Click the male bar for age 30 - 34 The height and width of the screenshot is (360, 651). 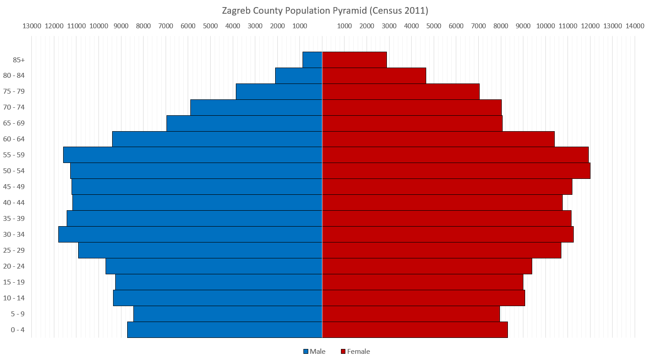coord(190,235)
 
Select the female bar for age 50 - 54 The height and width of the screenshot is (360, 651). coord(456,171)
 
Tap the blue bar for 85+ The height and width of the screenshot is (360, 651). coord(312,60)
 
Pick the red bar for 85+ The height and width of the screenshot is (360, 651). coord(354,60)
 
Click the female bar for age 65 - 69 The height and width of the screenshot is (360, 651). coord(412,123)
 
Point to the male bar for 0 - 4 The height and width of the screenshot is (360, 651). coord(224,330)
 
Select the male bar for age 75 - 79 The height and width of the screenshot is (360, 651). coord(279,91)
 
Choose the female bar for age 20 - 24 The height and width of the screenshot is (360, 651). coord(427,266)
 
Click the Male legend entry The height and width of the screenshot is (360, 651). coord(314,352)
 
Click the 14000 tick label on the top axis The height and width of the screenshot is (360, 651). coord(635,26)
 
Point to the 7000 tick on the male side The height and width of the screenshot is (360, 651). coord(166,26)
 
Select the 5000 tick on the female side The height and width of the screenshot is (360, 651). coord(434,26)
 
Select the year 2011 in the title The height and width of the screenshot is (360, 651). coord(415,11)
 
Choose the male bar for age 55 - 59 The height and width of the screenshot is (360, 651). coord(193,155)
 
